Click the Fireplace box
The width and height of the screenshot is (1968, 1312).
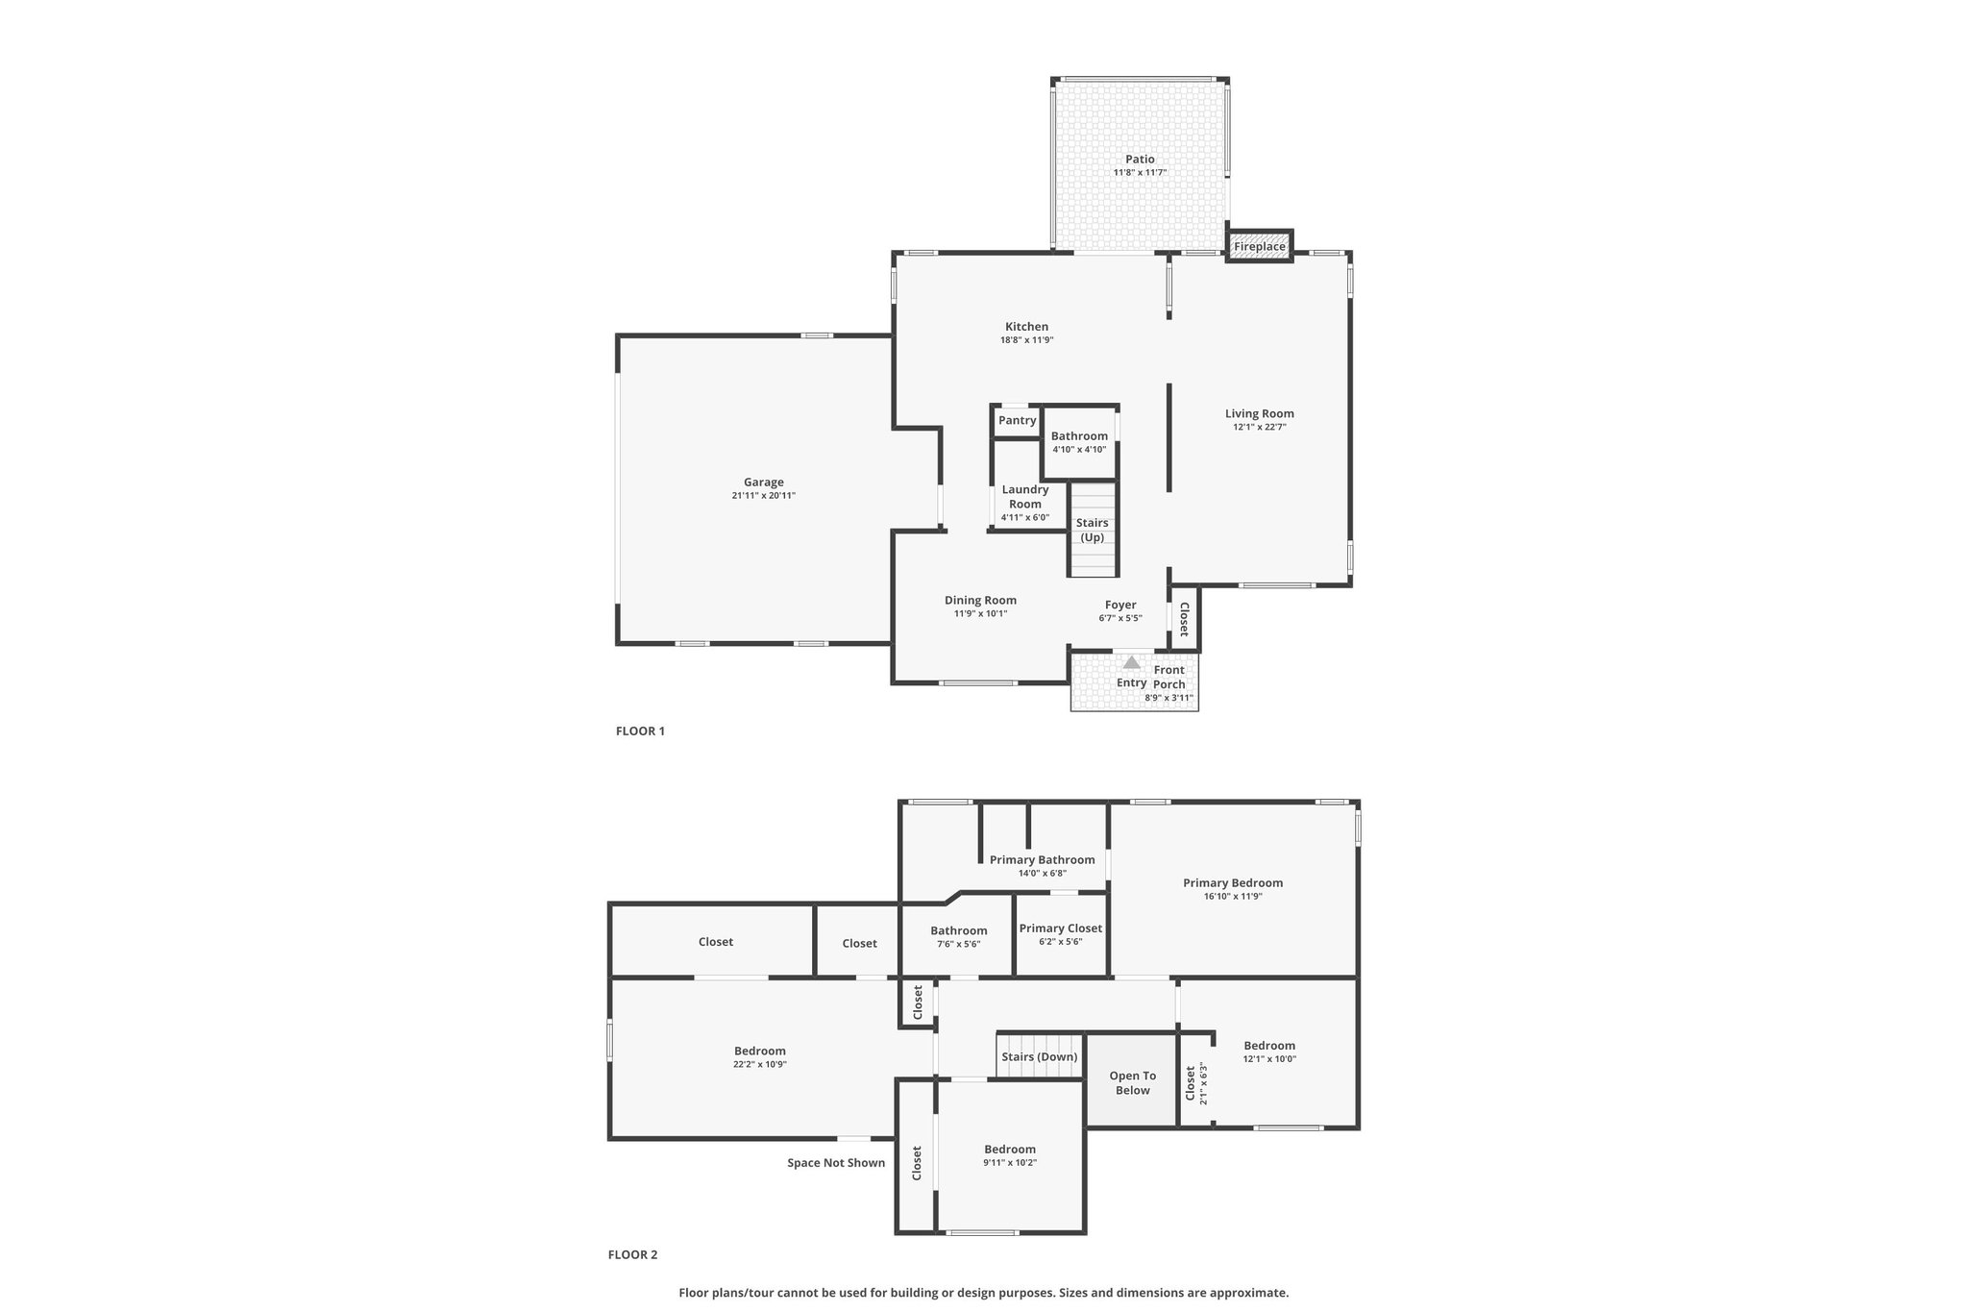click(1260, 246)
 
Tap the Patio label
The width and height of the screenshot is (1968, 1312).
click(1140, 160)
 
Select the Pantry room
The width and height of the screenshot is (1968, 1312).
click(1017, 421)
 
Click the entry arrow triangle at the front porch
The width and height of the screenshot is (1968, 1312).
click(1132, 662)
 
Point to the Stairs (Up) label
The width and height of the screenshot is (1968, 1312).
click(1093, 531)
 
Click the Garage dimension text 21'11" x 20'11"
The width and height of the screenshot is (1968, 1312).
click(764, 496)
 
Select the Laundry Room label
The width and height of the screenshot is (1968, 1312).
click(1025, 497)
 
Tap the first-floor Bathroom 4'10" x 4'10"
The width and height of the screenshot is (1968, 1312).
click(1080, 442)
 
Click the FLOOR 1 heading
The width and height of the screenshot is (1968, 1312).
click(640, 730)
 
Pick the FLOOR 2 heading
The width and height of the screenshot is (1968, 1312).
click(633, 1254)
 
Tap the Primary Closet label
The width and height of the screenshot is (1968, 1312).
click(1061, 928)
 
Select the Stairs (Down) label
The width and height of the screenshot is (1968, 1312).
click(1040, 1057)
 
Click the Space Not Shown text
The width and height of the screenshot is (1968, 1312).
click(836, 1163)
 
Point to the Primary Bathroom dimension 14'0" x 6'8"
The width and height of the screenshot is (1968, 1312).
click(1042, 874)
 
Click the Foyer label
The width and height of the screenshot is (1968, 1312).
click(1120, 606)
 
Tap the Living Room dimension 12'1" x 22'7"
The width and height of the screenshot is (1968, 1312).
click(1260, 428)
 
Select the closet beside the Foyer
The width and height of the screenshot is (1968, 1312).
click(1184, 618)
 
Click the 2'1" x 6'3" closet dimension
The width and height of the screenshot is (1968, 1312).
click(1203, 1082)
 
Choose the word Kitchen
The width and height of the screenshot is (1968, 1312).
click(1026, 327)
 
